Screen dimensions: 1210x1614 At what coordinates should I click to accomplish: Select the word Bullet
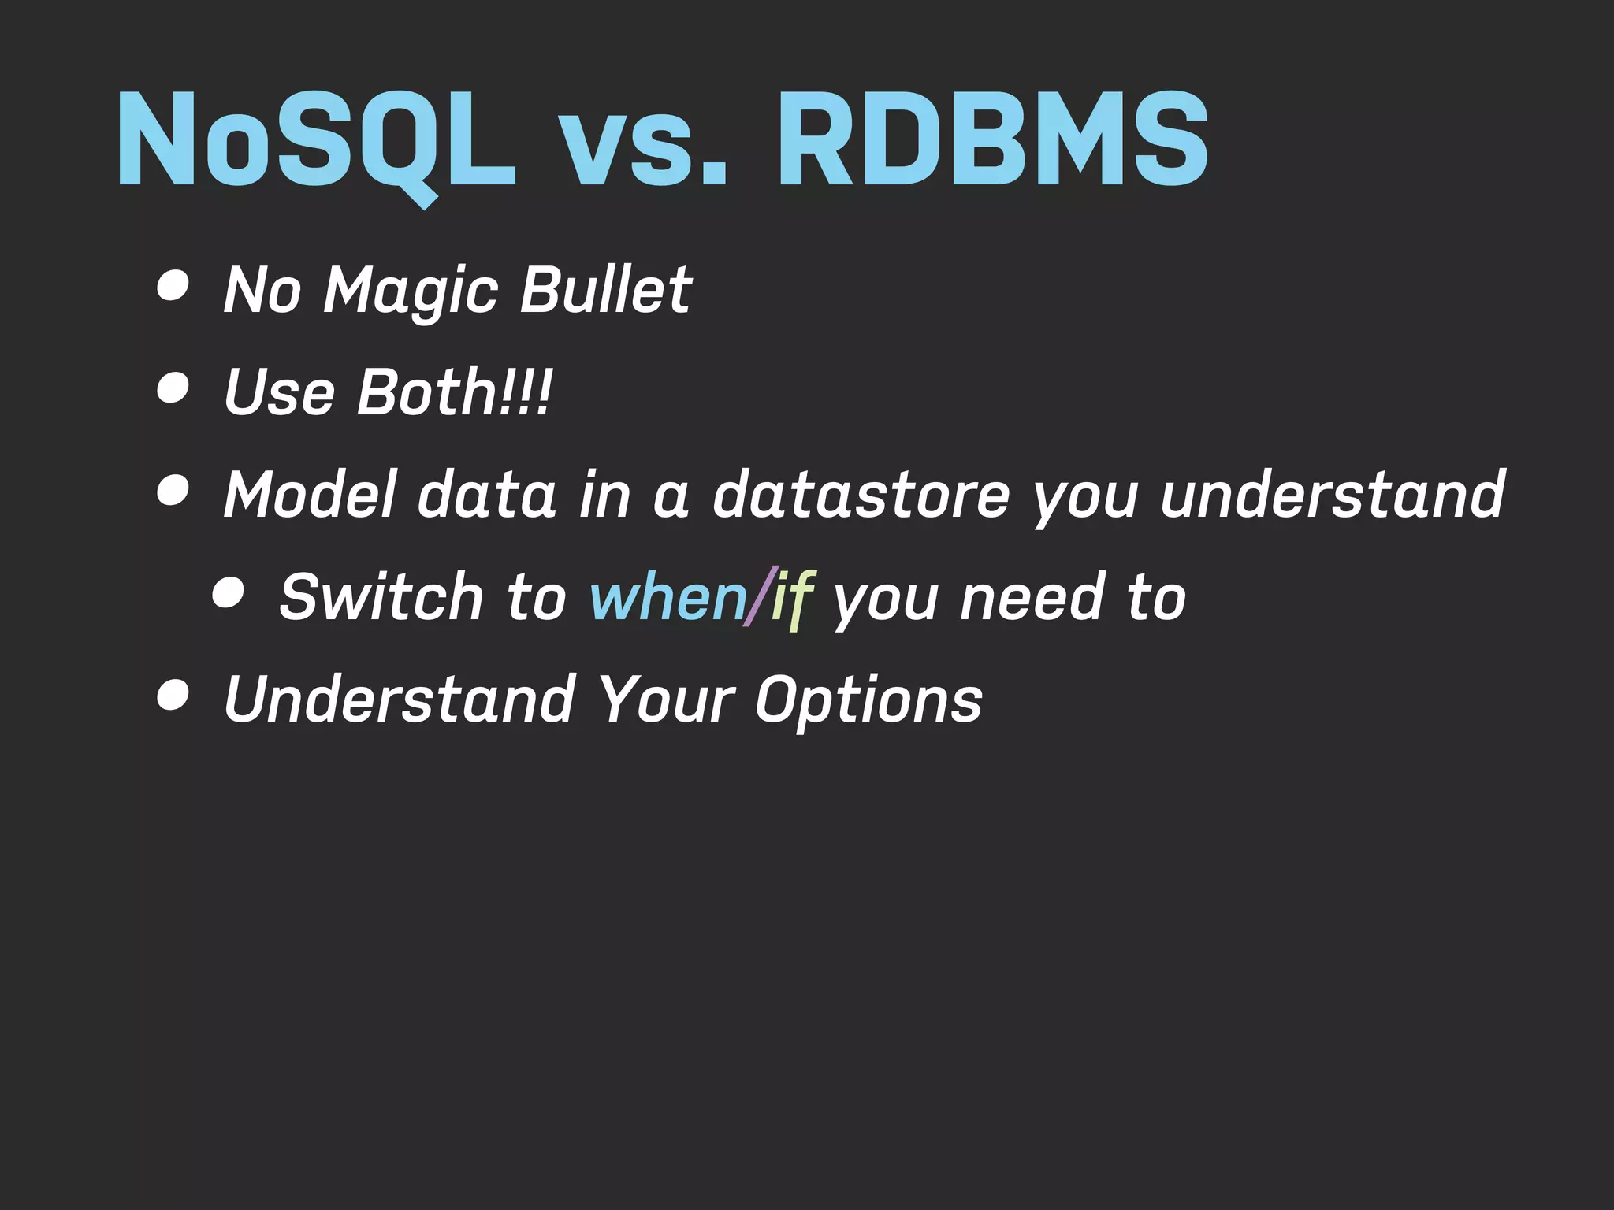[x=605, y=290]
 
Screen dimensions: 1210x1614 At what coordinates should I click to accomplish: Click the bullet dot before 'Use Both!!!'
[x=173, y=388]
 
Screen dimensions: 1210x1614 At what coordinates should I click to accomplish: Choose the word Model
[x=310, y=495]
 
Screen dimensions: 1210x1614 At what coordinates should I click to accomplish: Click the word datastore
[x=861, y=495]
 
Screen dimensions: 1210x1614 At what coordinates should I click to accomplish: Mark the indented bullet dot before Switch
[x=229, y=593]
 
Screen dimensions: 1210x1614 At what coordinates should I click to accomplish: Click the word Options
[x=868, y=700]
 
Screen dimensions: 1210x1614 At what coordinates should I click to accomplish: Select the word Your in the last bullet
[x=666, y=700]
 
